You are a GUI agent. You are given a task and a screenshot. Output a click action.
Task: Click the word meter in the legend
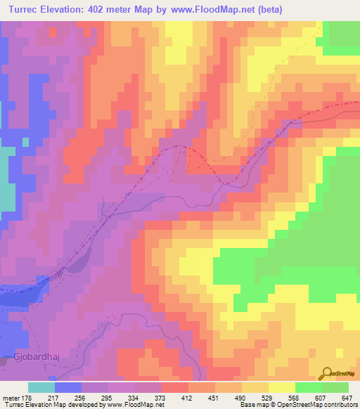(x=13, y=397)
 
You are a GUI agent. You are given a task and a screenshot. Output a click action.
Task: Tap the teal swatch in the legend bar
(x=41, y=387)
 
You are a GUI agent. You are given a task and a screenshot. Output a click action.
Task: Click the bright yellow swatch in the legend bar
(x=281, y=387)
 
